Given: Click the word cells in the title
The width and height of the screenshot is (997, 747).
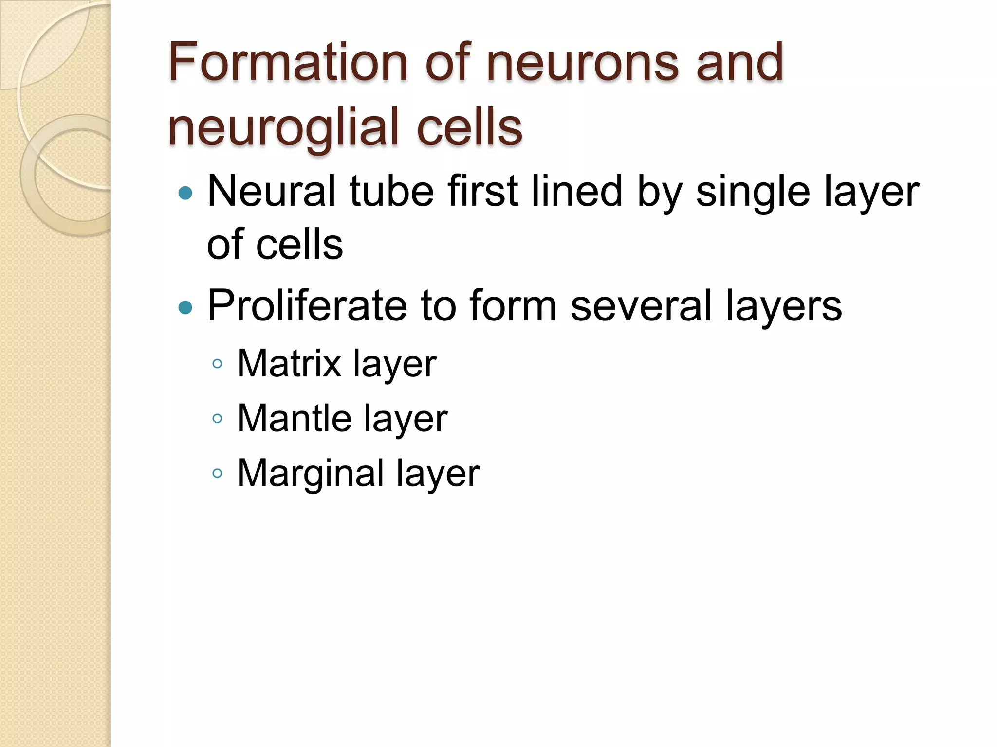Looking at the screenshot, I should (470, 127).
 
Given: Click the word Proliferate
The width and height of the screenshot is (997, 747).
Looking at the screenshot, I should (307, 305).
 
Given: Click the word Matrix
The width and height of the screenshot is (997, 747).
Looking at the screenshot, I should (289, 363).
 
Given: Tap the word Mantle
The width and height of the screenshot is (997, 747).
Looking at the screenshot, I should (294, 418).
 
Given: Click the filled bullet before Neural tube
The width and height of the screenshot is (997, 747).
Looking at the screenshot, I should (185, 194).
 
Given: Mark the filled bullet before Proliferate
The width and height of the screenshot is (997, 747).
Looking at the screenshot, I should (185, 307).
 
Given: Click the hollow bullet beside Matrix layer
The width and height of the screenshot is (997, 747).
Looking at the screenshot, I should (218, 364).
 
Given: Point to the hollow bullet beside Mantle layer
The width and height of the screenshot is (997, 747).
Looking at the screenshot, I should (218, 419).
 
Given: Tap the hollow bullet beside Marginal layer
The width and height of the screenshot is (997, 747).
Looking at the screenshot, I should (218, 473).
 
